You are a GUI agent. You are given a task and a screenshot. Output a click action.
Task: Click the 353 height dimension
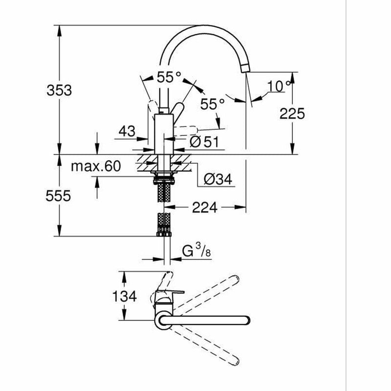(59, 90)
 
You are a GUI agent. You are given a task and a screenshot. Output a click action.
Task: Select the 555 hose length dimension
(58, 196)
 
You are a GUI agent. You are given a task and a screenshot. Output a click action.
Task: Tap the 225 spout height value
(292, 114)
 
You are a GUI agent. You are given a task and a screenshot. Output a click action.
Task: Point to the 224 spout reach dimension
(204, 207)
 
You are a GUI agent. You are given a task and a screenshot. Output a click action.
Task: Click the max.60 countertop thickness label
(96, 166)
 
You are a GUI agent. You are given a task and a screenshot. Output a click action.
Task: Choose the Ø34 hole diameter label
(218, 179)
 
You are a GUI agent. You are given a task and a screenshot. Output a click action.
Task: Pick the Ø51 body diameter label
(204, 142)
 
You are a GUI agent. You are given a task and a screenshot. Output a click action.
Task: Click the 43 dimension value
(127, 131)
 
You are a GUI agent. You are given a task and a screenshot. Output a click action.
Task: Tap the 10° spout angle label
(279, 86)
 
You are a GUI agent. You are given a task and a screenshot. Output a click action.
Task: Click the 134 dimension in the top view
(125, 296)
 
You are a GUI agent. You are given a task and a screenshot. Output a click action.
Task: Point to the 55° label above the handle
(169, 77)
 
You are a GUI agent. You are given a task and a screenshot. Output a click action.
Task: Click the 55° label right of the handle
(213, 104)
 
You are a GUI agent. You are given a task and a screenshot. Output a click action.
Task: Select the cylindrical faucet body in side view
(164, 134)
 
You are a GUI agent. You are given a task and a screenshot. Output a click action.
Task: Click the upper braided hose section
(164, 193)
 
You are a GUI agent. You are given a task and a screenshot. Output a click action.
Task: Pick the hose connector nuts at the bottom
(164, 234)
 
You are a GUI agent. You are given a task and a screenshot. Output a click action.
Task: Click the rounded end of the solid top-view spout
(246, 321)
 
